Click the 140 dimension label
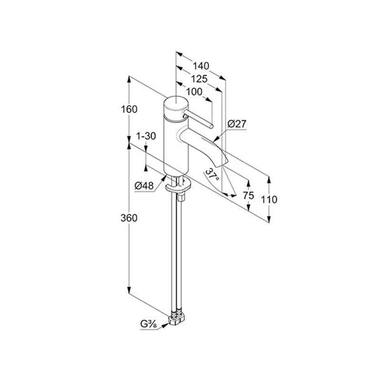point(201,66)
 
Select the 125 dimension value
point(199,79)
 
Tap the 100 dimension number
point(194,92)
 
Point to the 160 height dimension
point(129,110)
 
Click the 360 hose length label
point(129,218)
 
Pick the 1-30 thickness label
point(146,136)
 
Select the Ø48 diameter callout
point(144,186)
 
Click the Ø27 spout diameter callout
point(237,124)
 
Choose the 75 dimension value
point(248,195)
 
